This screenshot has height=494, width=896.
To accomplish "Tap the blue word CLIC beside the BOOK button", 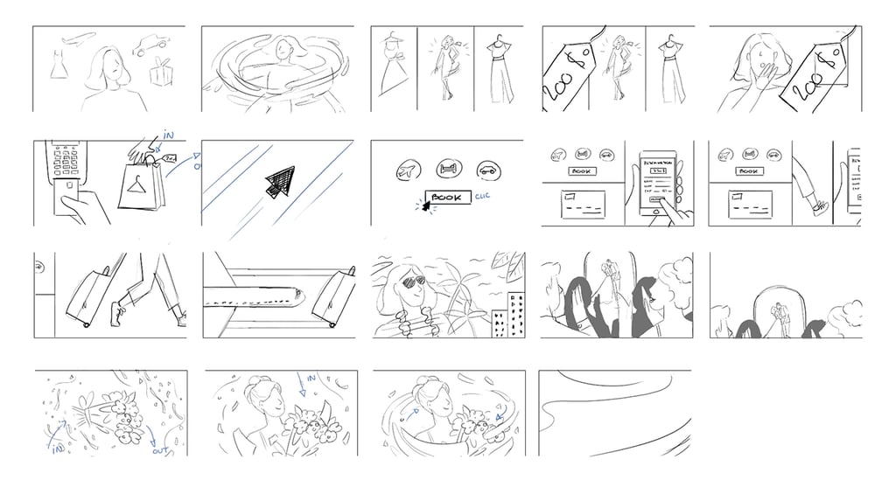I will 484,197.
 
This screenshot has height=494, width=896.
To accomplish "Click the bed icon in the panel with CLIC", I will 447,170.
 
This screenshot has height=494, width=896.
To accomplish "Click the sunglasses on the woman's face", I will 409,282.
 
